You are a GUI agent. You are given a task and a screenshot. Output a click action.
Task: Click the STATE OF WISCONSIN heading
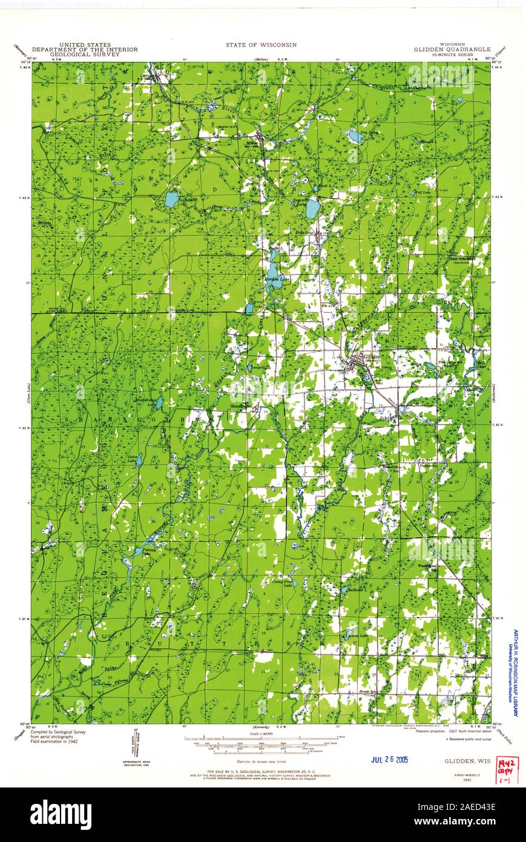coord(261,45)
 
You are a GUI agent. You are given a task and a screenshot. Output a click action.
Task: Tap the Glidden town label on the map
coord(370,357)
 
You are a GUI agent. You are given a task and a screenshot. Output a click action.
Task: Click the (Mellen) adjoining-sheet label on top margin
coord(261,59)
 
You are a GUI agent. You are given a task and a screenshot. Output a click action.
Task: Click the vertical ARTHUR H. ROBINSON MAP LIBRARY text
coord(516,672)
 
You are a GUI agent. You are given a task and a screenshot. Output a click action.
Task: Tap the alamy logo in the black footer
coord(61,813)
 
